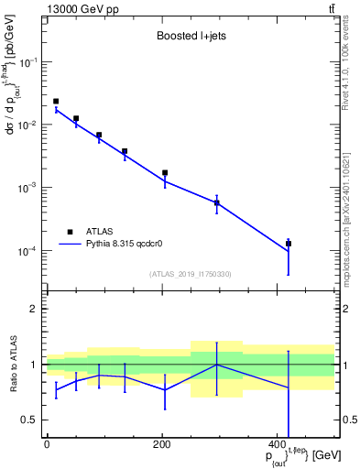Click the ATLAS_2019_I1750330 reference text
[190, 274]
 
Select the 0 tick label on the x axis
[46, 444]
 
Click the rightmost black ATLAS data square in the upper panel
[289, 244]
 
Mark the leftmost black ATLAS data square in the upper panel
[56, 102]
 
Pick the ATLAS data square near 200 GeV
[165, 172]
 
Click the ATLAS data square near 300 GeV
[217, 202]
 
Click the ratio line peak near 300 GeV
[217, 365]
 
